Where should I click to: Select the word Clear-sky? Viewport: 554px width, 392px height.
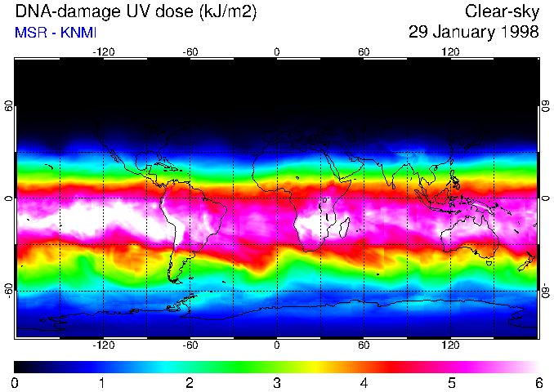tap(502, 12)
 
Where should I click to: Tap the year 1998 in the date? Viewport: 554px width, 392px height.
tap(520, 33)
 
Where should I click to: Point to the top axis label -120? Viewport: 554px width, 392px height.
tap(103, 51)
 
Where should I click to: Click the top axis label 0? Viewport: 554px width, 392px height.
tap(277, 51)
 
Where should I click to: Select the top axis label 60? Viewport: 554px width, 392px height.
tap(364, 51)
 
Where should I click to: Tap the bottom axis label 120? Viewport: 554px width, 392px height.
tap(450, 345)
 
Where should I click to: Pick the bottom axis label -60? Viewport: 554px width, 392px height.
tap(190, 345)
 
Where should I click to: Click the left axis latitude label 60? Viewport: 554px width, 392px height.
tap(8, 106)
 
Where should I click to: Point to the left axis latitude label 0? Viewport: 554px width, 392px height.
tap(8, 198)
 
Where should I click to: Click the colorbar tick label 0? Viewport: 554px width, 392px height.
tap(16, 382)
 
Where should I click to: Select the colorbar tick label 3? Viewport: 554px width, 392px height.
tap(277, 382)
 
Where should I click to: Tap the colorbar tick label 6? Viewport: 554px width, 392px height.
tap(538, 382)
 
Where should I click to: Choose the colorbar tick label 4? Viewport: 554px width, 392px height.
tap(364, 382)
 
